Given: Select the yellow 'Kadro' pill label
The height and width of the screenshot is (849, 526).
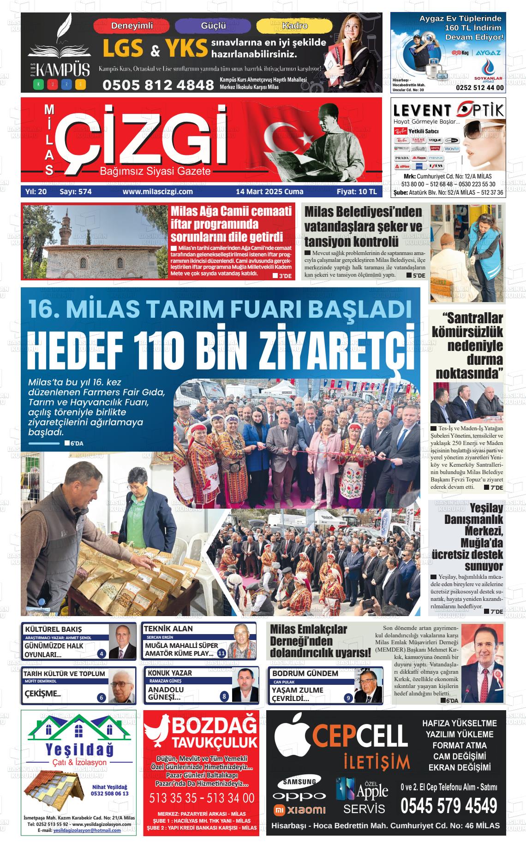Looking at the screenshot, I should [x=294, y=26].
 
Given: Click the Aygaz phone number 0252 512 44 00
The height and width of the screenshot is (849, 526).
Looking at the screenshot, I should [x=479, y=88].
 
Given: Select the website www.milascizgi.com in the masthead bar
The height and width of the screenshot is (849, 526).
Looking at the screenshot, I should [x=157, y=191].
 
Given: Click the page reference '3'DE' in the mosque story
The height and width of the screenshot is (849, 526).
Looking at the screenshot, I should [x=282, y=276].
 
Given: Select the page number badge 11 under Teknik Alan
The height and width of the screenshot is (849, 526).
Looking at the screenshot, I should [x=221, y=653].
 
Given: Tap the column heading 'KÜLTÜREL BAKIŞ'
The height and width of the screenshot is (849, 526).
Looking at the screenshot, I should [x=53, y=629].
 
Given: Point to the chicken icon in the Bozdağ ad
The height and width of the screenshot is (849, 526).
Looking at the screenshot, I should [x=156, y=734].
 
